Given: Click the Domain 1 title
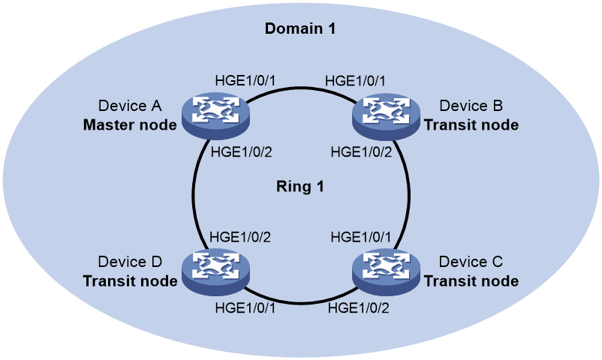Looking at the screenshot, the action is tap(300, 28).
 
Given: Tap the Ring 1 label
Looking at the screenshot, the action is tap(300, 187).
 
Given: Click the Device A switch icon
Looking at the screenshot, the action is tap(215, 115).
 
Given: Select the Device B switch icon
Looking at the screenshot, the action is tap(386, 115).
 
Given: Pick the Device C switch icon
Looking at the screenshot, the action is tap(386, 272).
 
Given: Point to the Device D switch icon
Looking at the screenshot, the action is tap(215, 272).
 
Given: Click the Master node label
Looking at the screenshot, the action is tap(130, 124).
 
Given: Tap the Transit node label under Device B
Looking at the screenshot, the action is tap(471, 124).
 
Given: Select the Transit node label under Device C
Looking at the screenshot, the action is tap(471, 281).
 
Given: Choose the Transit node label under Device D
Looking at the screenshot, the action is tap(130, 281).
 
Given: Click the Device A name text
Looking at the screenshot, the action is tap(130, 106).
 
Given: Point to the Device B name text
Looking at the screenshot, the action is tap(471, 106).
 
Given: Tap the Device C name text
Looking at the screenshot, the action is tap(471, 262).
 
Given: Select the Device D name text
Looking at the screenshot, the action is tap(130, 262).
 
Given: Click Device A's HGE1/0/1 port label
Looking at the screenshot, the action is tap(245, 80).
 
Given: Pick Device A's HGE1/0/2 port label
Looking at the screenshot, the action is tap(241, 152).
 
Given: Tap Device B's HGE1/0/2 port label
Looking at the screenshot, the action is tap(361, 152).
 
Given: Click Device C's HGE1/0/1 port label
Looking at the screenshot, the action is tap(361, 237).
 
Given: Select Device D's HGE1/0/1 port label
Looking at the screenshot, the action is tap(245, 307).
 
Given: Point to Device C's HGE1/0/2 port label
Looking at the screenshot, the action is tap(358, 307).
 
